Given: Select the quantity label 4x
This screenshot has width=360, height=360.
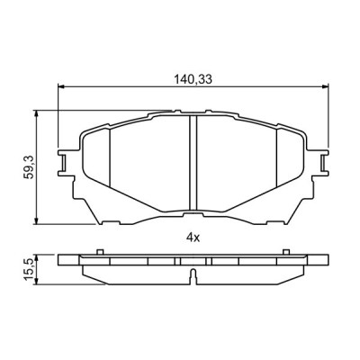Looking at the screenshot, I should pyautogui.click(x=191, y=237).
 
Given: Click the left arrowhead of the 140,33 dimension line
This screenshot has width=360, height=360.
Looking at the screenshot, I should pyautogui.click(x=62, y=88).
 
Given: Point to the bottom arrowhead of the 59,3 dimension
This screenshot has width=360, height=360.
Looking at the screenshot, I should pyautogui.click(x=36, y=221).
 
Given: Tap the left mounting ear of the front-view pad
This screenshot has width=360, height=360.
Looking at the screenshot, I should pyautogui.click(x=66, y=163).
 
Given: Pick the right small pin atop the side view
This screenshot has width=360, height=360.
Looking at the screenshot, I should pyautogui.click(x=286, y=252).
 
